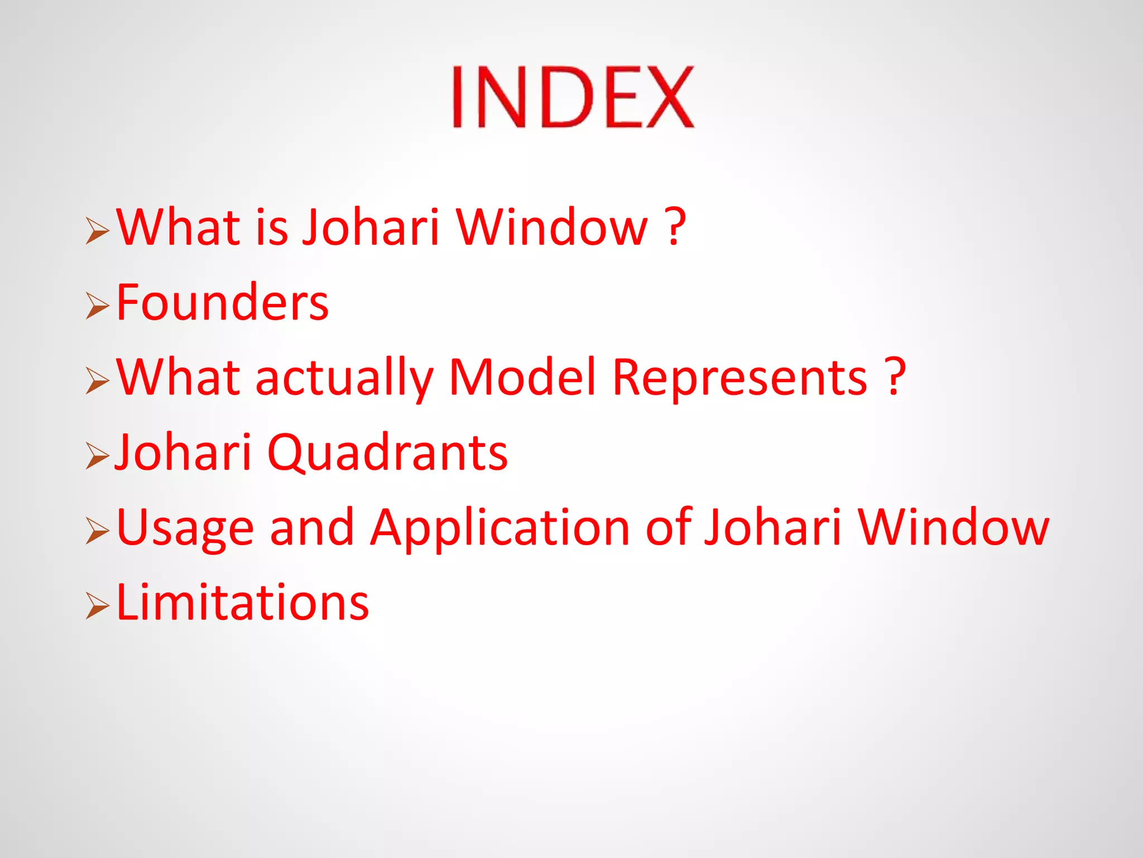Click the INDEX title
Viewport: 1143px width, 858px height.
[573, 97]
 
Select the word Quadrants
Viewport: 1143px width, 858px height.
[387, 452]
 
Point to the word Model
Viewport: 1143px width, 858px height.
[523, 378]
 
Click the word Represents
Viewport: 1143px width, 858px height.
[740, 378]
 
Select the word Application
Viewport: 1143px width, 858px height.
[501, 528]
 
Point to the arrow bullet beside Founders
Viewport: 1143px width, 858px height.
[97, 307]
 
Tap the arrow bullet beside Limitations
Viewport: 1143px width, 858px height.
[97, 607]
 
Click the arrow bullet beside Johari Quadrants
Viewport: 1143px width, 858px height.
[97, 456]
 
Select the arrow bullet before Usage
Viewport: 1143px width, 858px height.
[97, 531]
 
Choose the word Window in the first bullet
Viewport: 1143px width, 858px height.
[553, 227]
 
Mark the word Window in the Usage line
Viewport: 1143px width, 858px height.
[953, 527]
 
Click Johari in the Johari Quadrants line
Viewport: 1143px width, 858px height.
[183, 452]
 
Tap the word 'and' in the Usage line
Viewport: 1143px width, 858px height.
[311, 527]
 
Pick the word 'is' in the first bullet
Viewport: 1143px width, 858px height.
[272, 227]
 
